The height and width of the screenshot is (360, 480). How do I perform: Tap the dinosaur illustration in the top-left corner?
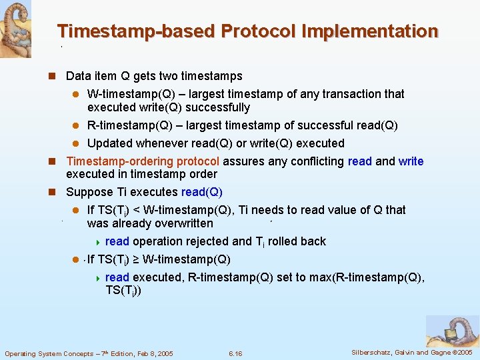[15, 28]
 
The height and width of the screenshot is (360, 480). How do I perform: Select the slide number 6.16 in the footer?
[235, 353]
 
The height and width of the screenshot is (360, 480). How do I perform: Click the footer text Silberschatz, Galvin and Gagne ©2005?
[412, 352]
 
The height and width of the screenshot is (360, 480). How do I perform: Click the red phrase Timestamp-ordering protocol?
[143, 161]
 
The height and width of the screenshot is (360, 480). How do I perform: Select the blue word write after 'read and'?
[411, 161]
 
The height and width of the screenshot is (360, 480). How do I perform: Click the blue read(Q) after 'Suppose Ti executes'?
[201, 192]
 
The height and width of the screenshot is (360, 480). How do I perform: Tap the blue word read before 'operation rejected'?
[117, 241]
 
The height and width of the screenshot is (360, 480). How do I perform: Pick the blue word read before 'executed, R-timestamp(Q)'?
[117, 277]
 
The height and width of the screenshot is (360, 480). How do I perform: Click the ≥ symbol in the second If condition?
[136, 259]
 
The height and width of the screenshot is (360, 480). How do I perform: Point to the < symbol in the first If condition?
[136, 210]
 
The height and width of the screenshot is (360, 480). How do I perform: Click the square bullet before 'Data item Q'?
[57, 76]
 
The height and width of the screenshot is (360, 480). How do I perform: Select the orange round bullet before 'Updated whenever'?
[76, 143]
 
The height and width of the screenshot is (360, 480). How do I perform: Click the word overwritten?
[181, 223]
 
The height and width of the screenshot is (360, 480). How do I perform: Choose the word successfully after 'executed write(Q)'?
[217, 107]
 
